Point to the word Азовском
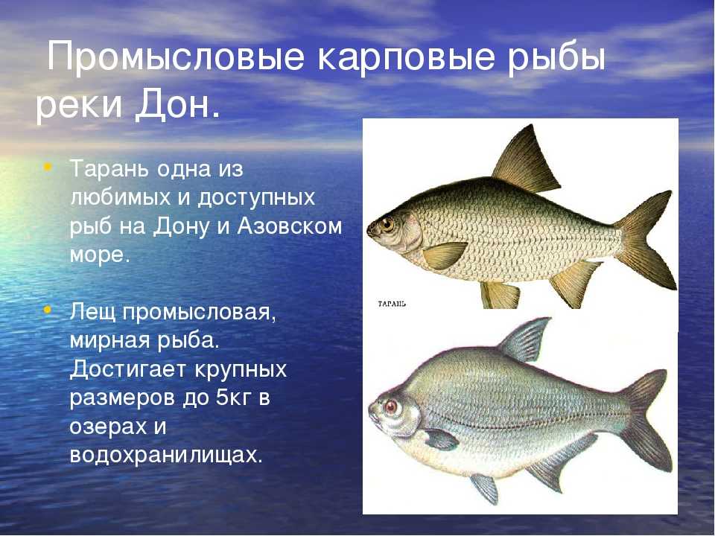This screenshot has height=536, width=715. pos(289,226)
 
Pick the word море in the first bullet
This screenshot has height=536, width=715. pos(100,255)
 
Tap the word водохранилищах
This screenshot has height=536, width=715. pos(166,456)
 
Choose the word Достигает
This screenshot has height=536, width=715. pos(128,370)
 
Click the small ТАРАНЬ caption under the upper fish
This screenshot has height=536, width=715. pos(393,304)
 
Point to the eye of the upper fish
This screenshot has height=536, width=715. pos(388,224)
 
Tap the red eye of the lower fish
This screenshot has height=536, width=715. pos(391,406)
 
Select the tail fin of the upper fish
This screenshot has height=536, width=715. pos(647,239)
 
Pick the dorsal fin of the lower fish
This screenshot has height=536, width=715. pos(524,339)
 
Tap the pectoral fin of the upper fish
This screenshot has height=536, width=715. pos(445,255)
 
